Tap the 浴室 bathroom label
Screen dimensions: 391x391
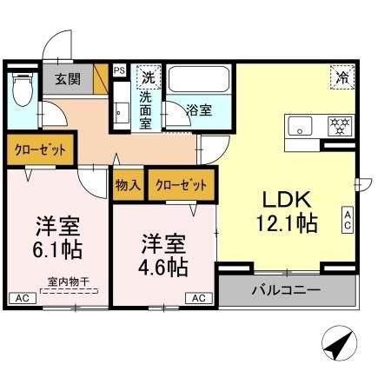[199, 110]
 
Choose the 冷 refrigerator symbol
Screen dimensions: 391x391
[341, 76]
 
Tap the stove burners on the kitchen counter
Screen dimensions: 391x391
[336, 125]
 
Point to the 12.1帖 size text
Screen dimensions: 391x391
[285, 222]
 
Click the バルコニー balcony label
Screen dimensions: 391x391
[286, 288]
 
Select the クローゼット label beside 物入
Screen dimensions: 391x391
[182, 184]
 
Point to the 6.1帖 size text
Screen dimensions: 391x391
[58, 250]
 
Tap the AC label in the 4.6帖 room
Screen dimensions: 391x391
[199, 298]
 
